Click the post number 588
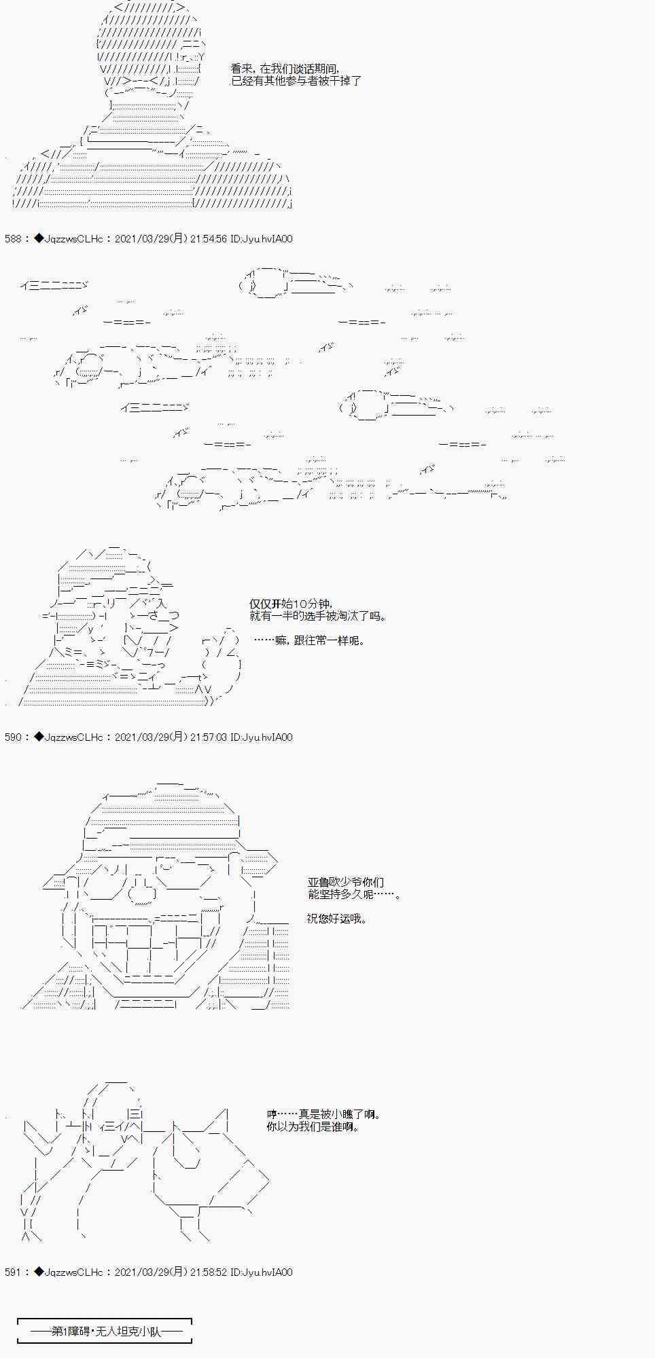13,239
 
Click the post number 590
13,737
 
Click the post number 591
13,1272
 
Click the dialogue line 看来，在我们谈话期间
285,69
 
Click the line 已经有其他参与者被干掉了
296,81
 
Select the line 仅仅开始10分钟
291,604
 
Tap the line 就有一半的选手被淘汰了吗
318,617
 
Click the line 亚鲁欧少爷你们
346,882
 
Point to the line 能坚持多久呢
353,894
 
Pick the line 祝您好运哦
336,919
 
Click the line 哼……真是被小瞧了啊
323,1114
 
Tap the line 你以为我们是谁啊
313,1126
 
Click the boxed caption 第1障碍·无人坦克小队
105,1331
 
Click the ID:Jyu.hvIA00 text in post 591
262,1272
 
